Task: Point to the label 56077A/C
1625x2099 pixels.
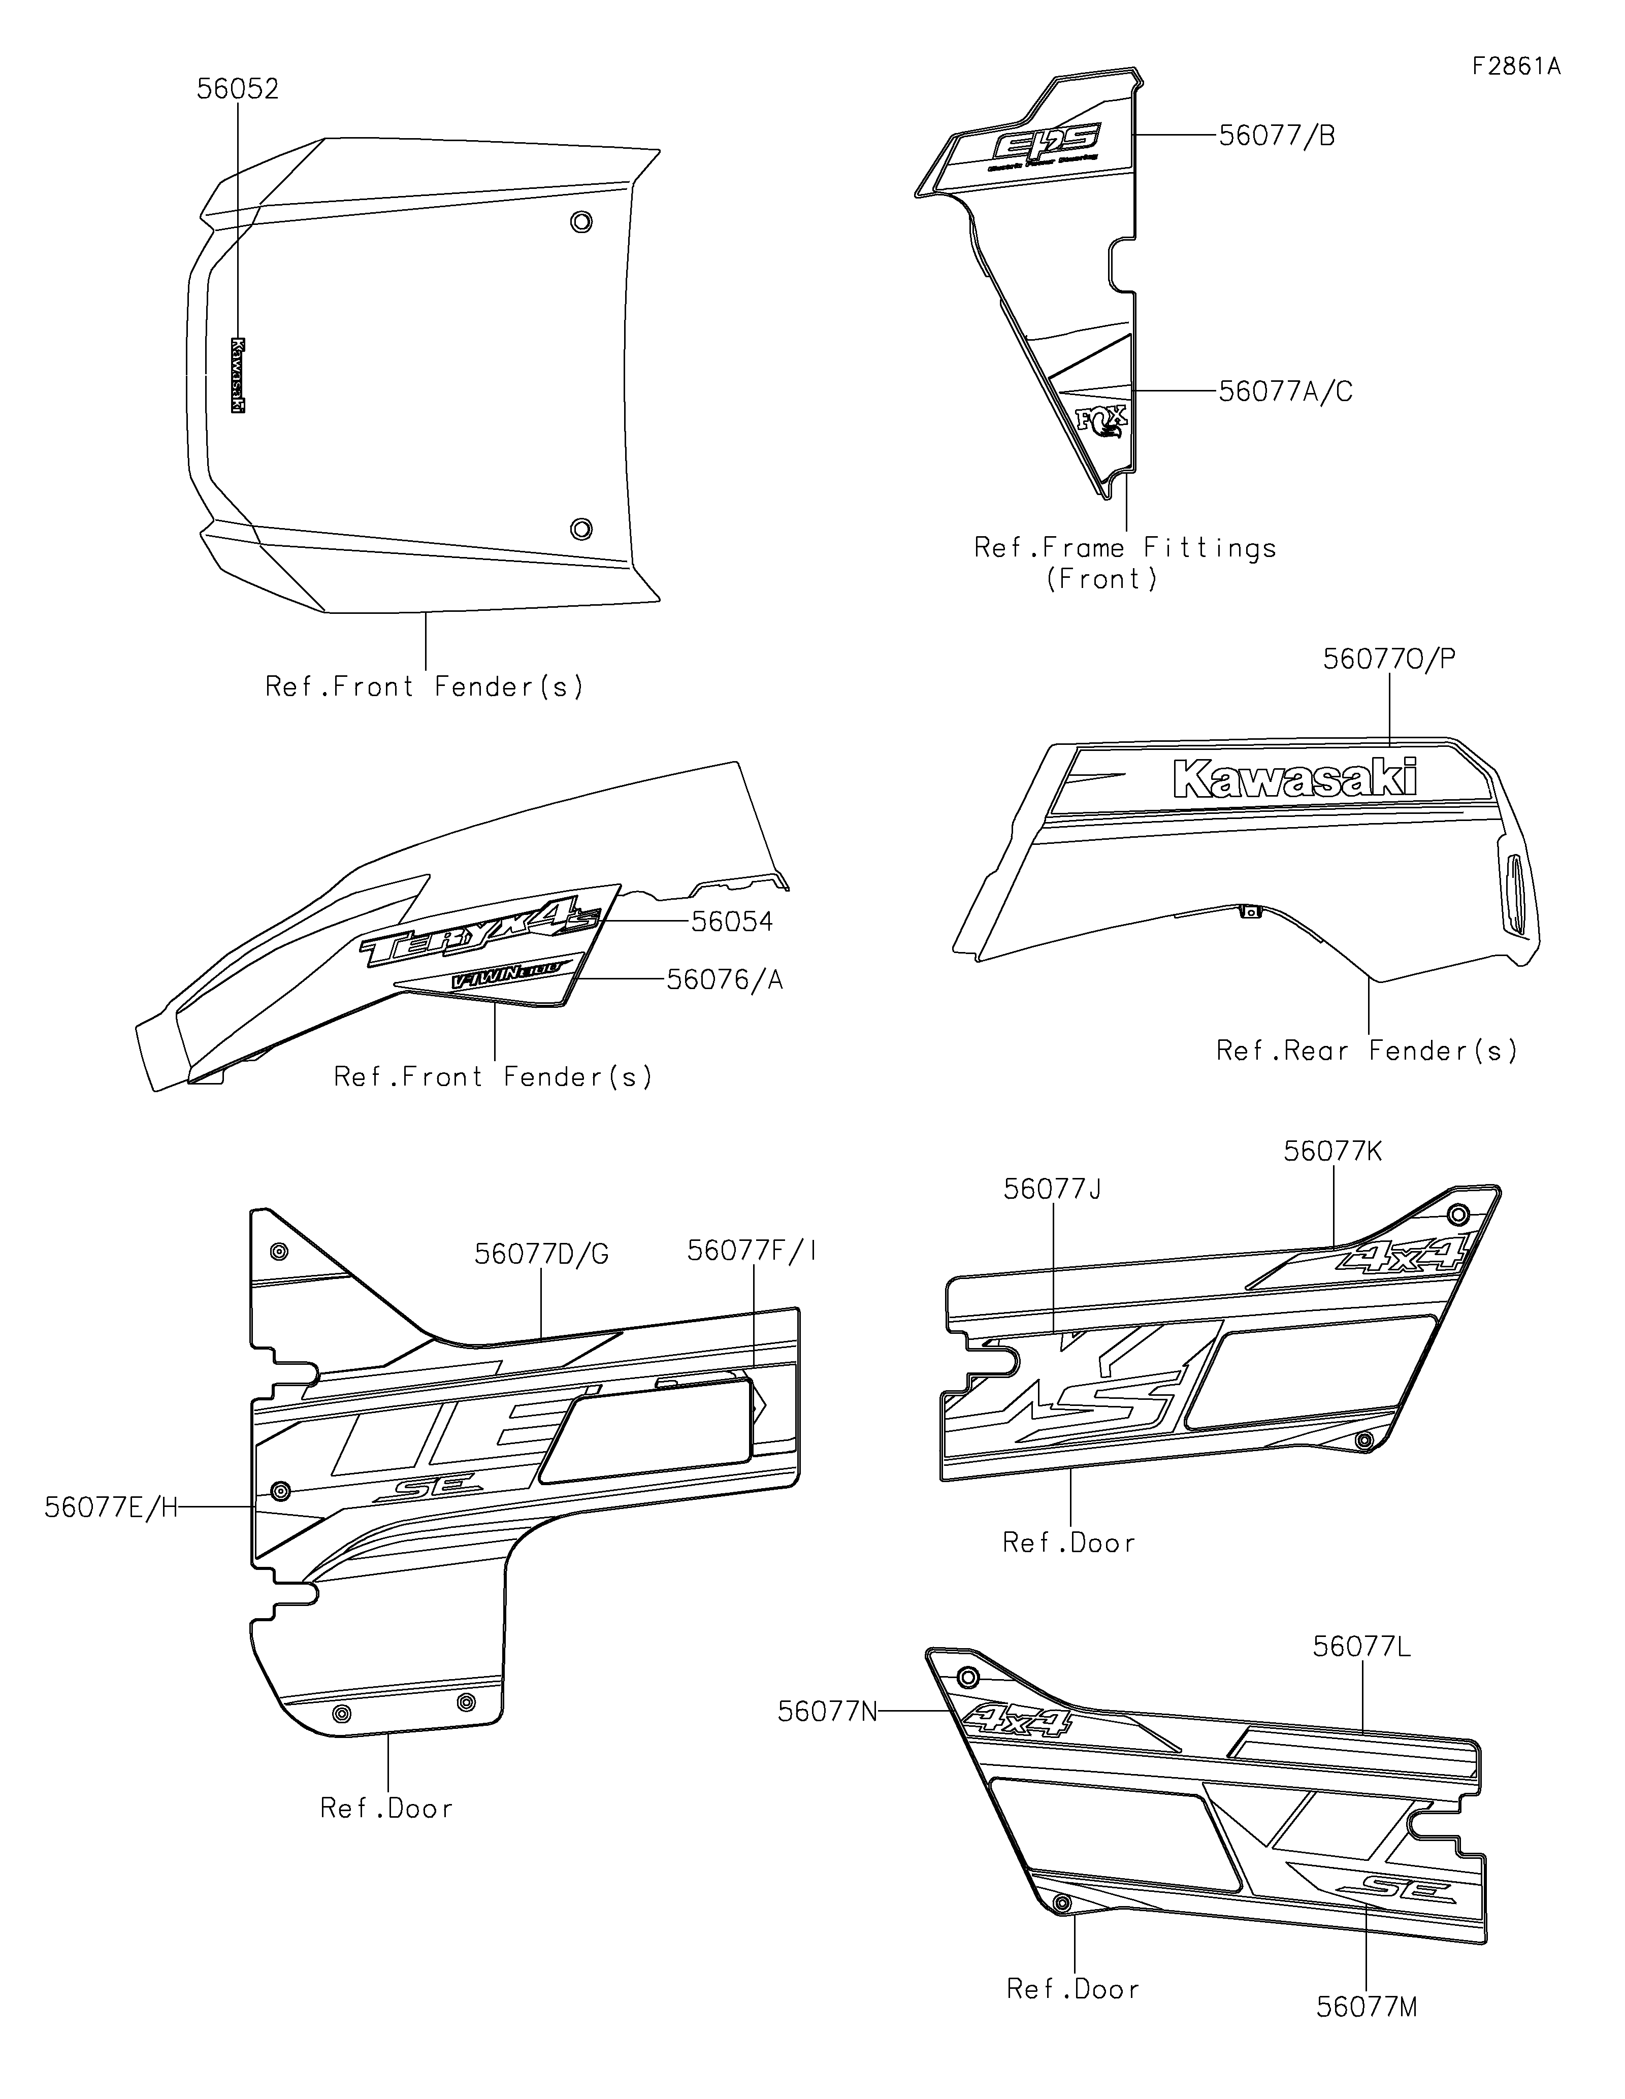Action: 1285,392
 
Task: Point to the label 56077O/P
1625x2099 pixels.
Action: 1388,659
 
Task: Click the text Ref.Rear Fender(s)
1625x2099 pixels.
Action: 1367,1051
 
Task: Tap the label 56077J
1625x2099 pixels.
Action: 1052,1190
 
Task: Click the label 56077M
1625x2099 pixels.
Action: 1367,2008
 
